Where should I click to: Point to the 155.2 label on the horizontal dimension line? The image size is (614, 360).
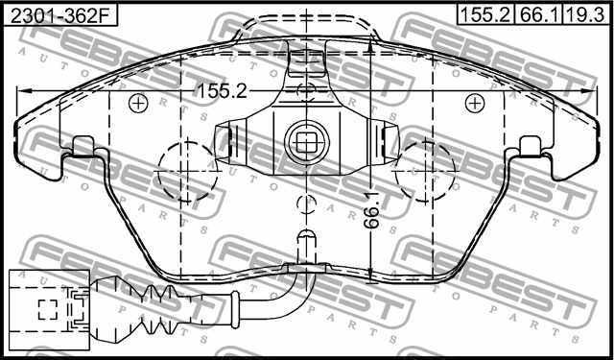[222, 90]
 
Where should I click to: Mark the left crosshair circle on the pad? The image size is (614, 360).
[137, 102]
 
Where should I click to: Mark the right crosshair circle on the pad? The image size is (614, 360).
[475, 102]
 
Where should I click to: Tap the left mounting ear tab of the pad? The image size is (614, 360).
[83, 147]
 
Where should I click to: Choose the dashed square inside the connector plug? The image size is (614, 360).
[48, 309]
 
